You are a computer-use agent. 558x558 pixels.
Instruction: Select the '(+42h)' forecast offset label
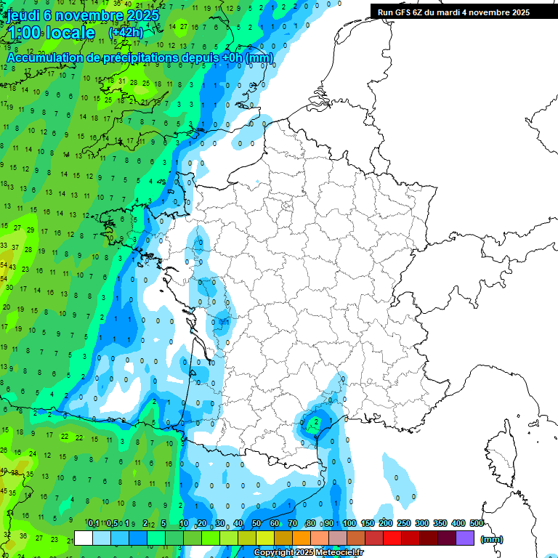(x=126, y=33)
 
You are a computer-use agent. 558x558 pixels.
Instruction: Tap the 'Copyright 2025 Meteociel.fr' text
(x=309, y=552)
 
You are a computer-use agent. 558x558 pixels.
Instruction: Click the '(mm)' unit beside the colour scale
(x=492, y=539)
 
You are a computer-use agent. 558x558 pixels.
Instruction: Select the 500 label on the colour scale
(x=477, y=524)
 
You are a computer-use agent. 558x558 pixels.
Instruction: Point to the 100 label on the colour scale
(x=349, y=524)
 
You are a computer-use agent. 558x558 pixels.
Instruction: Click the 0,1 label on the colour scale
(x=93, y=524)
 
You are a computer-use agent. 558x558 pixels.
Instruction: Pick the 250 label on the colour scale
(x=404, y=524)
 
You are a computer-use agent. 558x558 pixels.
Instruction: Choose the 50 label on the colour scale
(x=256, y=524)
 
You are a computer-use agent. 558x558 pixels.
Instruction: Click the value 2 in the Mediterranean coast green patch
(x=316, y=421)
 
